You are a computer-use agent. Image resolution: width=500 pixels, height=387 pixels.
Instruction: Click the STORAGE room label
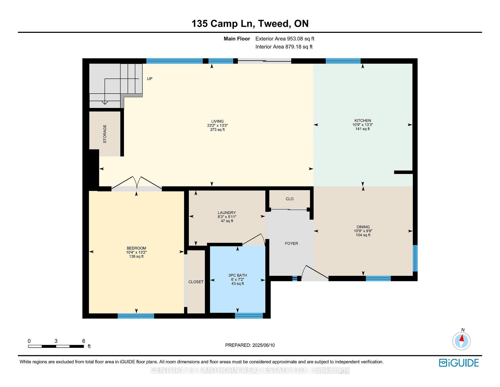(x=105, y=134)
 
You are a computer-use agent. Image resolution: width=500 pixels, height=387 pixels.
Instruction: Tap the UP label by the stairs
(x=149, y=79)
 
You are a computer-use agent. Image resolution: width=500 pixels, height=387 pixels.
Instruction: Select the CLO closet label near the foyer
(x=289, y=199)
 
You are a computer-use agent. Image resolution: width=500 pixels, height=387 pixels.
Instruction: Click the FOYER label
(x=291, y=244)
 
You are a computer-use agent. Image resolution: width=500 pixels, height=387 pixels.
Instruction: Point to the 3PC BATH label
(x=237, y=275)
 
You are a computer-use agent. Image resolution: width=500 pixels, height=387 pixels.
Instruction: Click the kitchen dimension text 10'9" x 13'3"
(x=362, y=125)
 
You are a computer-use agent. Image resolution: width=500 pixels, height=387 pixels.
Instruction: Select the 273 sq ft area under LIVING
(x=217, y=130)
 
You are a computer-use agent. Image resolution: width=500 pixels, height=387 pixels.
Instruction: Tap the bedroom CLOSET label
(x=196, y=282)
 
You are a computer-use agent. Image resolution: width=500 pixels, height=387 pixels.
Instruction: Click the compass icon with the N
(x=461, y=341)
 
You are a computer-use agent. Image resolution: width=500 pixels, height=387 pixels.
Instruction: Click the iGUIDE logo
(x=459, y=363)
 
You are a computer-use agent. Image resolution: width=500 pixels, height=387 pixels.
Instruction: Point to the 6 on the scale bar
(x=84, y=341)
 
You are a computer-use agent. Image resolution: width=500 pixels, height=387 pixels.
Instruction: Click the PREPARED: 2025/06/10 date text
(x=250, y=345)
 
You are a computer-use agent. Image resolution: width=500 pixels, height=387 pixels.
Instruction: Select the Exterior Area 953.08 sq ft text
(x=285, y=39)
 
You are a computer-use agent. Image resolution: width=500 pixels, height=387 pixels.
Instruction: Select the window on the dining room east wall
(x=415, y=258)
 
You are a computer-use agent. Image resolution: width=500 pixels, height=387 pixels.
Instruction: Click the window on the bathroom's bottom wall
(x=249, y=316)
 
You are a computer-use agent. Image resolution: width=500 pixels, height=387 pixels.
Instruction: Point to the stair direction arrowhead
(x=105, y=102)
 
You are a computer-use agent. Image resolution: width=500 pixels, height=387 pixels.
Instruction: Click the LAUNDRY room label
(x=227, y=213)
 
